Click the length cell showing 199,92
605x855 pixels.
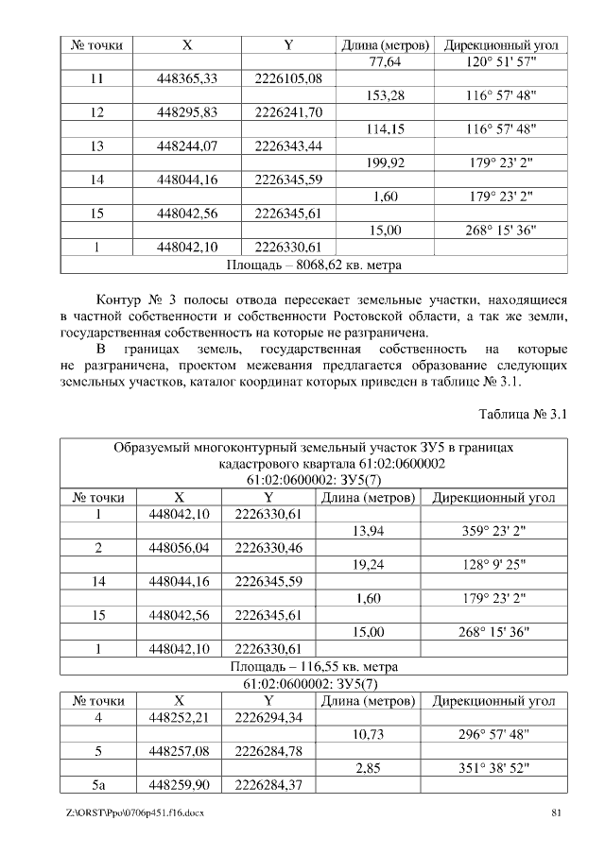(x=385, y=162)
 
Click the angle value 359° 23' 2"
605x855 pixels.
(x=497, y=531)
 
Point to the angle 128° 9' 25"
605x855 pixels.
(x=497, y=565)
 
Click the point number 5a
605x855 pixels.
(x=97, y=784)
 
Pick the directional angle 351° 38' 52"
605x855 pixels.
(x=497, y=768)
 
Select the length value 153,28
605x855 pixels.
(x=385, y=95)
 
